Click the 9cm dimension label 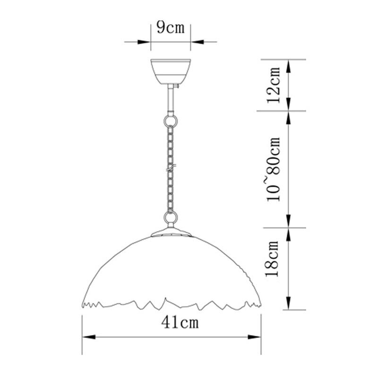click(171, 27)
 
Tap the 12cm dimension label click(274, 86)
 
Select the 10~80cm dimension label click(274, 169)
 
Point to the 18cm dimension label click(272, 258)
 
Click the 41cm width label click(180, 322)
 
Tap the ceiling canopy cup click(171, 71)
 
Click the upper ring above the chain click(171, 120)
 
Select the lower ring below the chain click(171, 217)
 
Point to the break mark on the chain click(171, 168)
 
